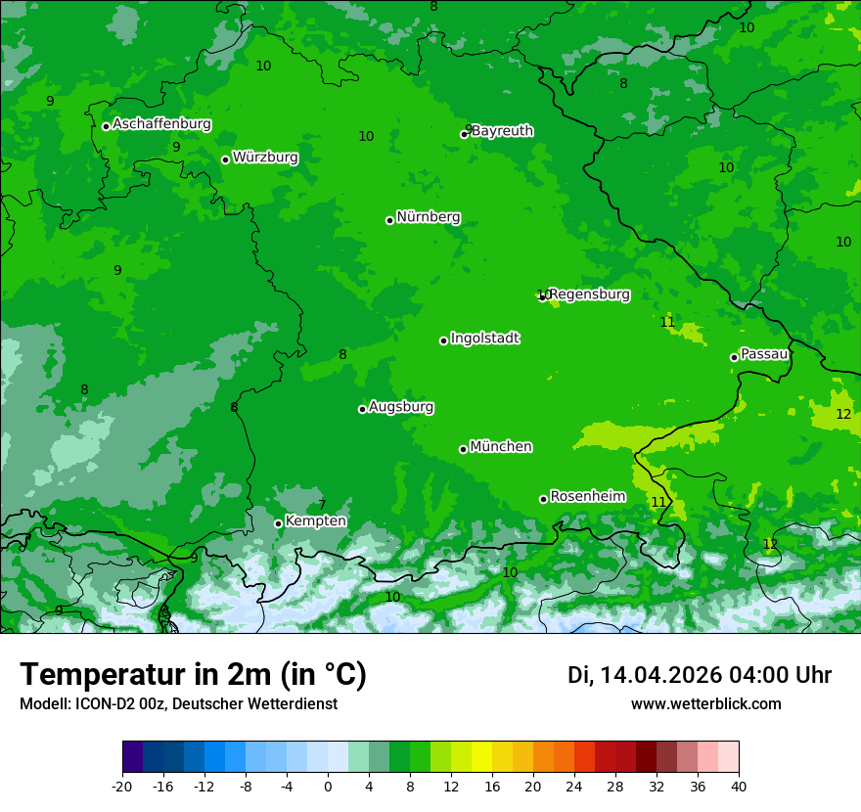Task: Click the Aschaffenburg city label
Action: tap(161, 124)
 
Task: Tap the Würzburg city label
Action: tap(265, 158)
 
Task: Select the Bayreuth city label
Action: tap(503, 131)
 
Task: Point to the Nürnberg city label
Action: tap(429, 217)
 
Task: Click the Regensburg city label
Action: tap(589, 294)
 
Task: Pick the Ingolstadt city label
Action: tap(485, 338)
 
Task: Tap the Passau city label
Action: tap(764, 354)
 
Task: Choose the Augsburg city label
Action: tap(401, 407)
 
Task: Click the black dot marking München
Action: tap(463, 449)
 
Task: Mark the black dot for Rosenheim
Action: tap(543, 499)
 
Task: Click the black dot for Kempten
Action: tap(278, 523)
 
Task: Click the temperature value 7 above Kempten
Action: tap(322, 506)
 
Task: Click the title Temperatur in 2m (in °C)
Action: tap(194, 674)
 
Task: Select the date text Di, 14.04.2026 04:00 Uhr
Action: tap(700, 675)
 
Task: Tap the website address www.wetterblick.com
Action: tap(706, 703)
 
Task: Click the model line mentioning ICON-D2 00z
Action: tap(178, 703)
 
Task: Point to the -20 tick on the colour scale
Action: tap(122, 787)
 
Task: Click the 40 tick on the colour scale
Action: tap(739, 787)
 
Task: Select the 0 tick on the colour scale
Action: tap(328, 787)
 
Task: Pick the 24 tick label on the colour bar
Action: tap(574, 787)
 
